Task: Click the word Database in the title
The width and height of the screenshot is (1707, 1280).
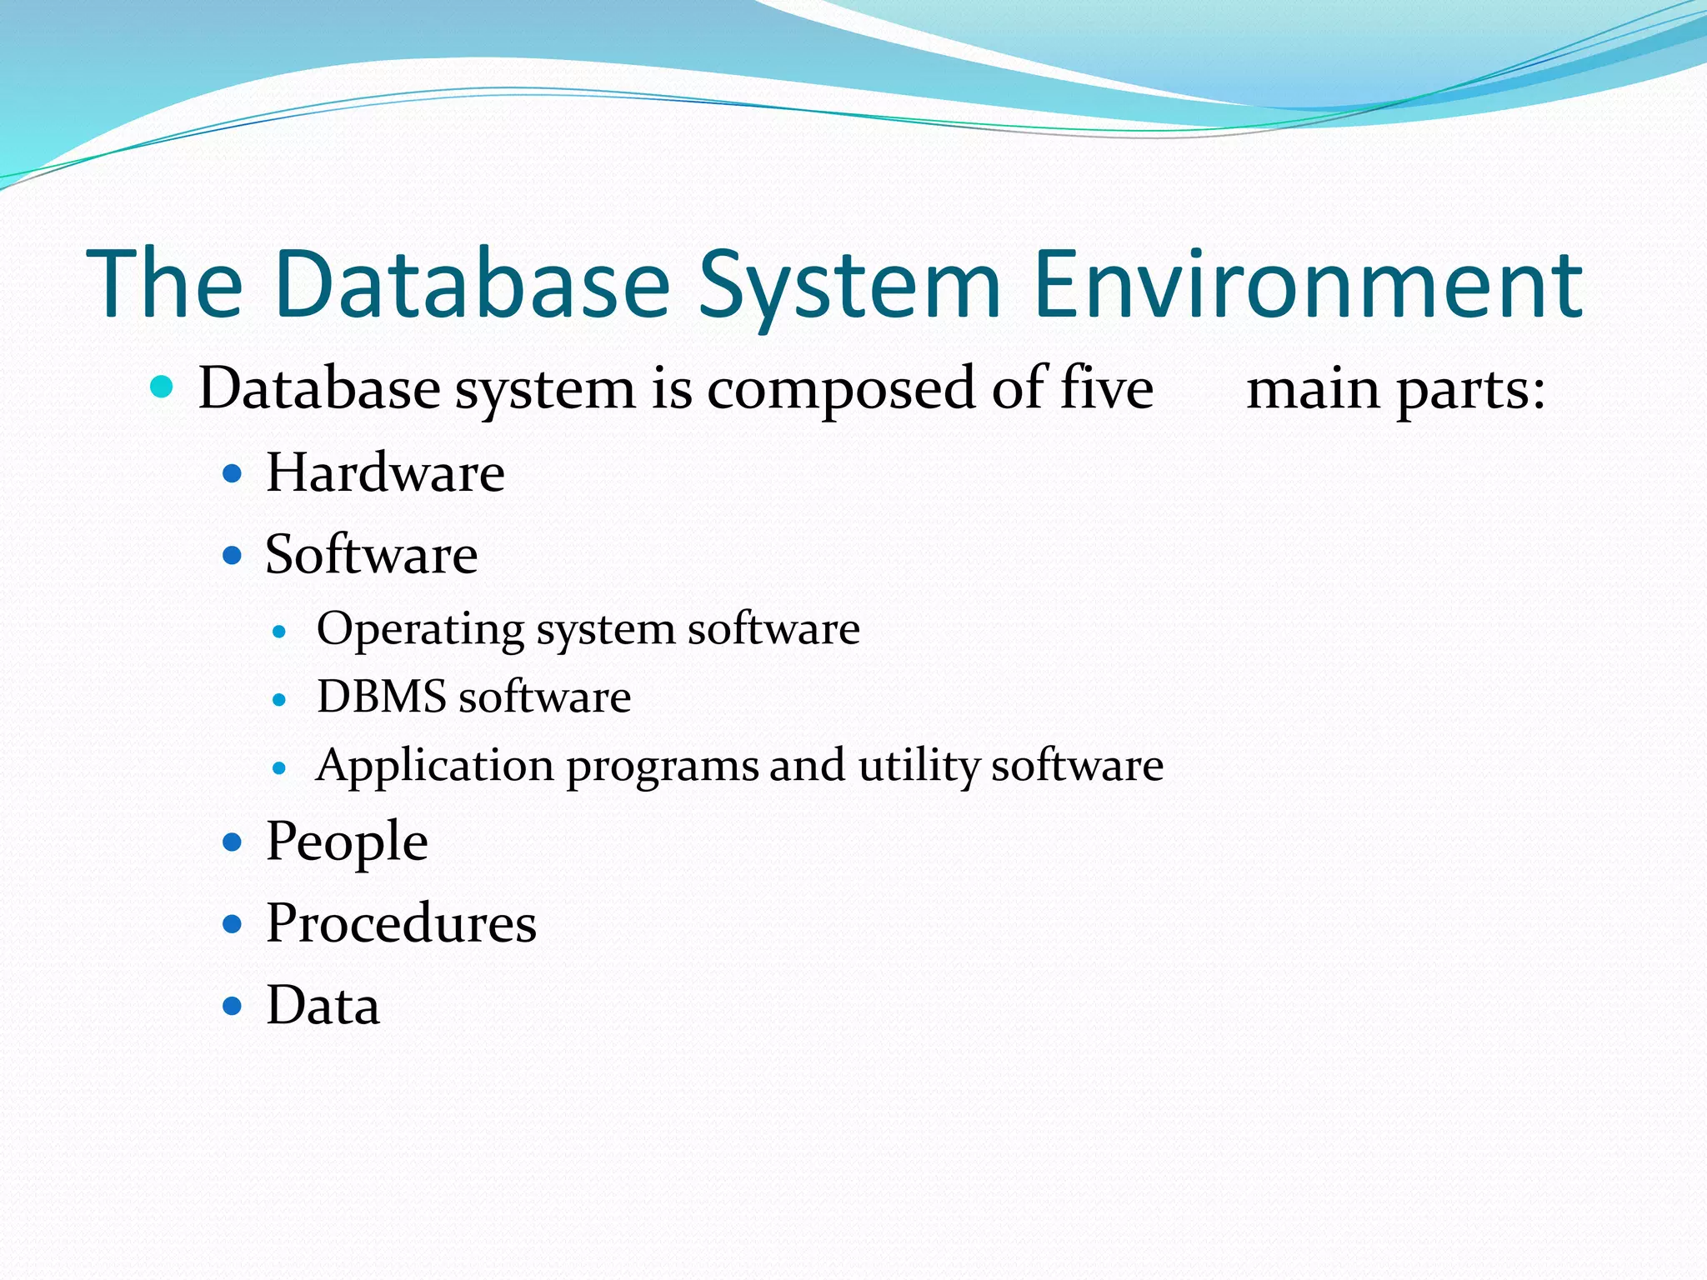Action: coord(471,285)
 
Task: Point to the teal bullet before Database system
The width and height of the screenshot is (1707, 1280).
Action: coord(162,387)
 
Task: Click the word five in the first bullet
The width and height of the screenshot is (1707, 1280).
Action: coord(1106,388)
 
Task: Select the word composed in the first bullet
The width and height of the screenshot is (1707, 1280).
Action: coord(841,390)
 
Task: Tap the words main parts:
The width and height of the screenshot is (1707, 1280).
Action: coord(1395,390)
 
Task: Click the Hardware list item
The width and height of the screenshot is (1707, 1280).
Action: coord(385,473)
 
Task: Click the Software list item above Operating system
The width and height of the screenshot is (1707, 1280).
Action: coord(372,555)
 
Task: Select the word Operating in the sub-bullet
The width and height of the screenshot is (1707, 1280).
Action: coord(420,630)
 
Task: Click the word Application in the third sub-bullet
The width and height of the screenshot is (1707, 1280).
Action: coord(435,767)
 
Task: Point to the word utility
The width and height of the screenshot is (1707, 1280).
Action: coord(918,767)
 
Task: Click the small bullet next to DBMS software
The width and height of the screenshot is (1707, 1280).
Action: coord(279,700)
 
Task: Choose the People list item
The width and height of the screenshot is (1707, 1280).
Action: coord(347,842)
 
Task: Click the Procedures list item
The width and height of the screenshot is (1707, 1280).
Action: coord(401,923)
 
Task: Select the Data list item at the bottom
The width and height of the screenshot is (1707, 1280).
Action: coord(323,1006)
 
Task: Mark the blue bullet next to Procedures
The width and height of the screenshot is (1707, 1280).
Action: coord(233,924)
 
